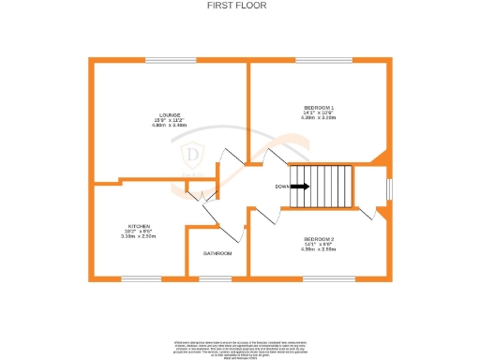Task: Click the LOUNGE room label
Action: (x=170, y=115)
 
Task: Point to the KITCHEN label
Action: (x=140, y=226)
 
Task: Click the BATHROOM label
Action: (x=218, y=253)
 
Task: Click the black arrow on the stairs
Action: (x=301, y=186)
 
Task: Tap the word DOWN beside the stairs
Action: (x=281, y=186)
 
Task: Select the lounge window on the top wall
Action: (x=170, y=61)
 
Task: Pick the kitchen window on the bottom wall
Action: (x=141, y=278)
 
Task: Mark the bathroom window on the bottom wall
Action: (x=217, y=278)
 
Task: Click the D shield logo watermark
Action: (x=194, y=154)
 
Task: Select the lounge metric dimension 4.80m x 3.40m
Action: (x=170, y=126)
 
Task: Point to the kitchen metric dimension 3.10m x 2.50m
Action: (x=140, y=237)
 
